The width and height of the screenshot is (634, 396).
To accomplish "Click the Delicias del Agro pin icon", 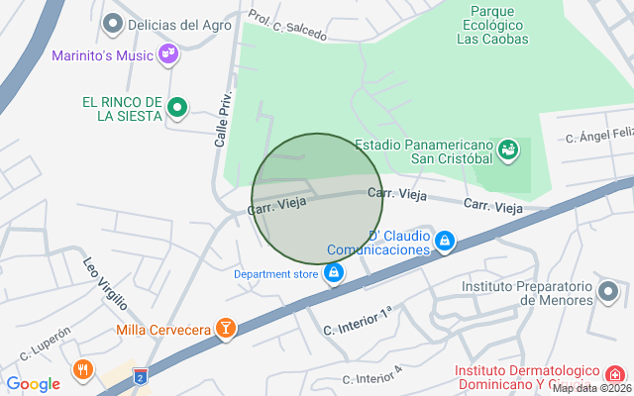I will tap(113, 23).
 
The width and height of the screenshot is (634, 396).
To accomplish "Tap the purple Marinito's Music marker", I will tap(168, 54).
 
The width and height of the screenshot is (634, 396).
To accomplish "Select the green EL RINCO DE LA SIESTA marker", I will tap(177, 107).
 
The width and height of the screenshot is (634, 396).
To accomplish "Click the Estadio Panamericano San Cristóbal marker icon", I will tap(508, 149).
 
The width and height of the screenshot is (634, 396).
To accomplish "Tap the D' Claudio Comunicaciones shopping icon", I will tap(445, 241).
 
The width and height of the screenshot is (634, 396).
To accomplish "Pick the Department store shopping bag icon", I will tap(335, 272).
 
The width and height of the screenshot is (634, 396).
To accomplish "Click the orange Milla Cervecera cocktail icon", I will tap(227, 329).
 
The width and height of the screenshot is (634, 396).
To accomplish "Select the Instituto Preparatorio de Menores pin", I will tap(608, 292).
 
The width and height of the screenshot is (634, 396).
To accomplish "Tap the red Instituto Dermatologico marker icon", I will tap(615, 374).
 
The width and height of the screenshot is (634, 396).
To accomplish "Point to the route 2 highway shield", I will tap(141, 376).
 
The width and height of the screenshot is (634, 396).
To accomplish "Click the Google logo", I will tap(33, 384).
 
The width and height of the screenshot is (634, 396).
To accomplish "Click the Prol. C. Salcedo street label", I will tap(287, 27).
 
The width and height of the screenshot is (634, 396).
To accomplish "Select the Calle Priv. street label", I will tap(224, 121).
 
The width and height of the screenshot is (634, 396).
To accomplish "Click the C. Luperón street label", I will tap(46, 344).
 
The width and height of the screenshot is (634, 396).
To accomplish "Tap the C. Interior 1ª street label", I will tap(359, 321).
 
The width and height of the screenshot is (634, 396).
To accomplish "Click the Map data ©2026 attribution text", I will tap(590, 388).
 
